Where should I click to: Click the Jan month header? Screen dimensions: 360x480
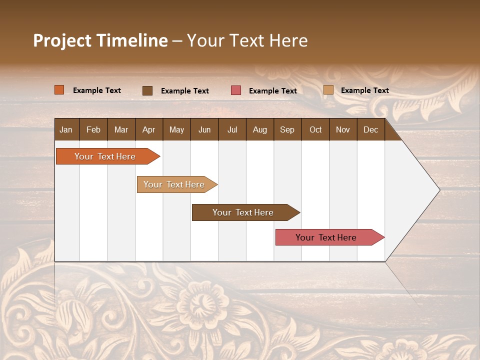(x=66, y=129)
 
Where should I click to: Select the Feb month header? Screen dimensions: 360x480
(x=93, y=129)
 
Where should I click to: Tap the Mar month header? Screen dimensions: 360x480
(x=121, y=129)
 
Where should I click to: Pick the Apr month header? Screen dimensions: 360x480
(x=149, y=129)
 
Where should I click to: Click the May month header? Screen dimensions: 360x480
(x=176, y=129)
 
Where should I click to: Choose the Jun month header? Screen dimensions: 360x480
(x=204, y=129)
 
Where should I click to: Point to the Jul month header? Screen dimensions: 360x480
(x=232, y=129)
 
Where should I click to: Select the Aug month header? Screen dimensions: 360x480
(x=260, y=129)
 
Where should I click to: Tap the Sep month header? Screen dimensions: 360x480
(x=287, y=129)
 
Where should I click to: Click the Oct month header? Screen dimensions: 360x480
(x=315, y=129)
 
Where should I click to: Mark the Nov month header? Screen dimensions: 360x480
(x=343, y=129)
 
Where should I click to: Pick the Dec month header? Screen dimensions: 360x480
(x=371, y=129)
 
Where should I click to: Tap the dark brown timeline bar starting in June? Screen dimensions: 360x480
(x=243, y=212)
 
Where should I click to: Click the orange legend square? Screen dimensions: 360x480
(x=59, y=90)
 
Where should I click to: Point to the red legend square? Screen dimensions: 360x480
(x=236, y=90)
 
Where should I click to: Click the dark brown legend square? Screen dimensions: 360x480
(x=147, y=90)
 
